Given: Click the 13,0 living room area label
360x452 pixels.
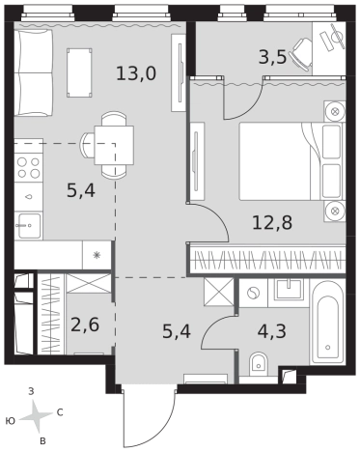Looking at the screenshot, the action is (136, 73).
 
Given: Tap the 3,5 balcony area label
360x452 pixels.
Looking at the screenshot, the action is (272, 58).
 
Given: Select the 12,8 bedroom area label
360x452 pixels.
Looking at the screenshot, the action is (272, 222).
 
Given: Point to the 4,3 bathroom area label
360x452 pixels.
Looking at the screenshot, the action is (272, 331).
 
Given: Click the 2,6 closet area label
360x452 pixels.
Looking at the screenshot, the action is (85, 325).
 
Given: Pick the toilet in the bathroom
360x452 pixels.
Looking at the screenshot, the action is (259, 364).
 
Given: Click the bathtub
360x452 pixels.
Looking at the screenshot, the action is (327, 323).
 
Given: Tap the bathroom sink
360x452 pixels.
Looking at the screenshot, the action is (289, 288).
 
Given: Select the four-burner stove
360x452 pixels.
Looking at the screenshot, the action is (29, 168).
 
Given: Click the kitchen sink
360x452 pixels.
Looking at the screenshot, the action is (29, 226).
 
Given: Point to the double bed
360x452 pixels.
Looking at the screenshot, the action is (291, 161).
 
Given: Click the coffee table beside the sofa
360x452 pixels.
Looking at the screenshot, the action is (79, 72).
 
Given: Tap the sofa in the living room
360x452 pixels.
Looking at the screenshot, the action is (33, 72).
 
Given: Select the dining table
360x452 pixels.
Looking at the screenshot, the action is (114, 145).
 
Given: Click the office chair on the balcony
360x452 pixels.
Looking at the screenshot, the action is (301, 53).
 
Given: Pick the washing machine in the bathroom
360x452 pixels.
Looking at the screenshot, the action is (254, 293).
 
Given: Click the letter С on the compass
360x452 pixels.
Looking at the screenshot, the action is (60, 412).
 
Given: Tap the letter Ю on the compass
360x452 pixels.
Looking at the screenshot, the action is (11, 421).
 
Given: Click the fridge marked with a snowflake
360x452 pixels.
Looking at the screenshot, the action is (97, 255).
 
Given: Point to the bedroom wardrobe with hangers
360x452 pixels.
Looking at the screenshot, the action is (267, 260).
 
